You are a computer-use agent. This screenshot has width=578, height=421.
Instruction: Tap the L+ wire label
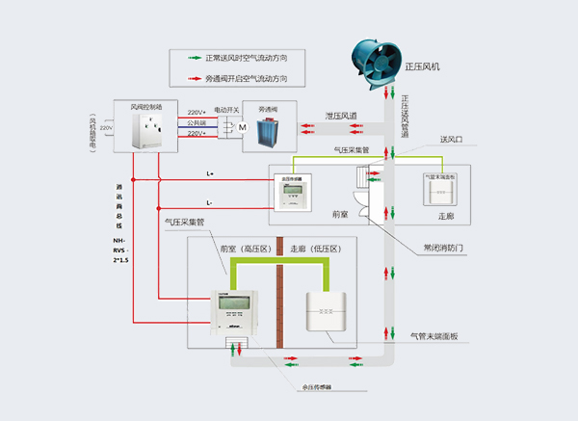tap(210, 173)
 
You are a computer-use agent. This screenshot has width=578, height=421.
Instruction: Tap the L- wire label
tap(210, 202)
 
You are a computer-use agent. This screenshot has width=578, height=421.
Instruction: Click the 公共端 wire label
tap(197, 123)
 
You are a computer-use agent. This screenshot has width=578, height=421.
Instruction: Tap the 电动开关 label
tap(226, 110)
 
